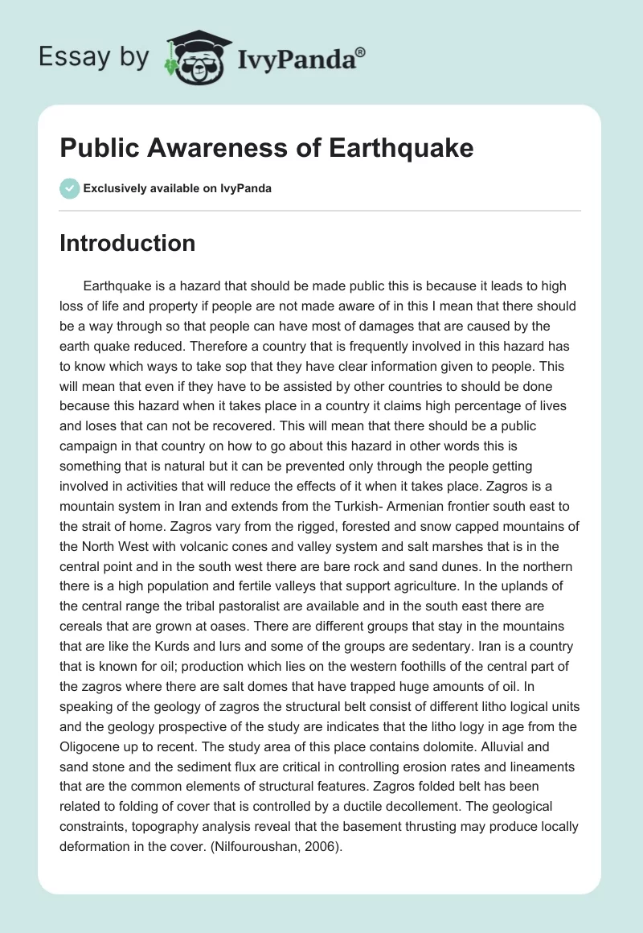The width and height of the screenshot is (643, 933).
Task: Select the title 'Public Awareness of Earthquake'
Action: pyautogui.click(x=266, y=148)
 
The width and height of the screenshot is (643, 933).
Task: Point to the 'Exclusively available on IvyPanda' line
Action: pyautogui.click(x=178, y=188)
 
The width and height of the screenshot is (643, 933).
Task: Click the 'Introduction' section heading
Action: pyautogui.click(x=127, y=243)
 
